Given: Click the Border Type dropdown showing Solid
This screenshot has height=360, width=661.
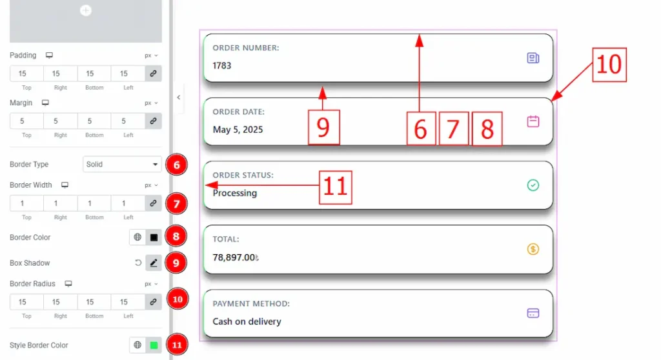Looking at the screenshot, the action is click(122, 164).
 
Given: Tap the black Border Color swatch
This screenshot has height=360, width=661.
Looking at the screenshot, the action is click(154, 237).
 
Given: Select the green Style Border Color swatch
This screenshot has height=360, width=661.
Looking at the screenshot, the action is click(154, 345).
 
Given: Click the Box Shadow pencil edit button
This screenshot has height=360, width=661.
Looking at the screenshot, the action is click(154, 263).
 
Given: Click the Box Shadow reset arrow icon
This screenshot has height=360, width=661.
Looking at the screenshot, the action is click(138, 263).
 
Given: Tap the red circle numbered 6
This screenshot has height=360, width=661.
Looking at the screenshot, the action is click(177, 165).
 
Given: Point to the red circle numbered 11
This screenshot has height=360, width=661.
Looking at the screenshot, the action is click(177, 345).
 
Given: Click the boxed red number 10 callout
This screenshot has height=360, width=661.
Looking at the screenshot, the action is click(609, 65).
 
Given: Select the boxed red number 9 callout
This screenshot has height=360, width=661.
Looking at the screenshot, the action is click(324, 127).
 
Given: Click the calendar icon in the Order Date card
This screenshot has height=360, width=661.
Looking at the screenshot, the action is click(533, 121).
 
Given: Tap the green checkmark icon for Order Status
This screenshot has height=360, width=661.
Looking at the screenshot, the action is click(533, 185).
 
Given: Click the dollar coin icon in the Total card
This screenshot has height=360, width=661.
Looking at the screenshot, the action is click(533, 249).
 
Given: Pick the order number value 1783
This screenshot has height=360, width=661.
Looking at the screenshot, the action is click(222, 66).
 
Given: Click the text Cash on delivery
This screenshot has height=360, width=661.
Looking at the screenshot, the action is click(247, 321).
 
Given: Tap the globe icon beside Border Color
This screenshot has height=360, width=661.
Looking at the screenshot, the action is click(137, 237).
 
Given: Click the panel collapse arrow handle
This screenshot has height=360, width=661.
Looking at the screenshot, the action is click(179, 97).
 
